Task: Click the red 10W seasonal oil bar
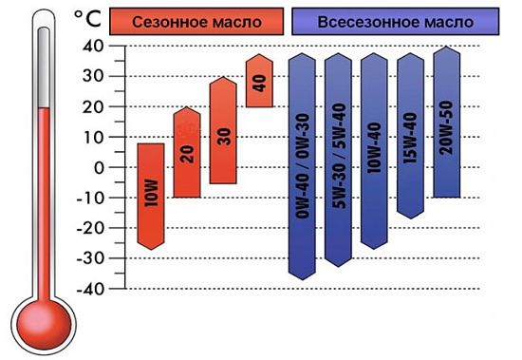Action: coord(152,195)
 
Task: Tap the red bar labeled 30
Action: coord(223,130)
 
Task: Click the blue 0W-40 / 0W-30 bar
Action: coord(303,166)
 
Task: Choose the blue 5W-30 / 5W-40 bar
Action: coord(338,160)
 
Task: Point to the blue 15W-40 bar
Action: coord(410,135)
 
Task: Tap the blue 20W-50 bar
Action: coord(446,122)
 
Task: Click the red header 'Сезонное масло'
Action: coord(196,20)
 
